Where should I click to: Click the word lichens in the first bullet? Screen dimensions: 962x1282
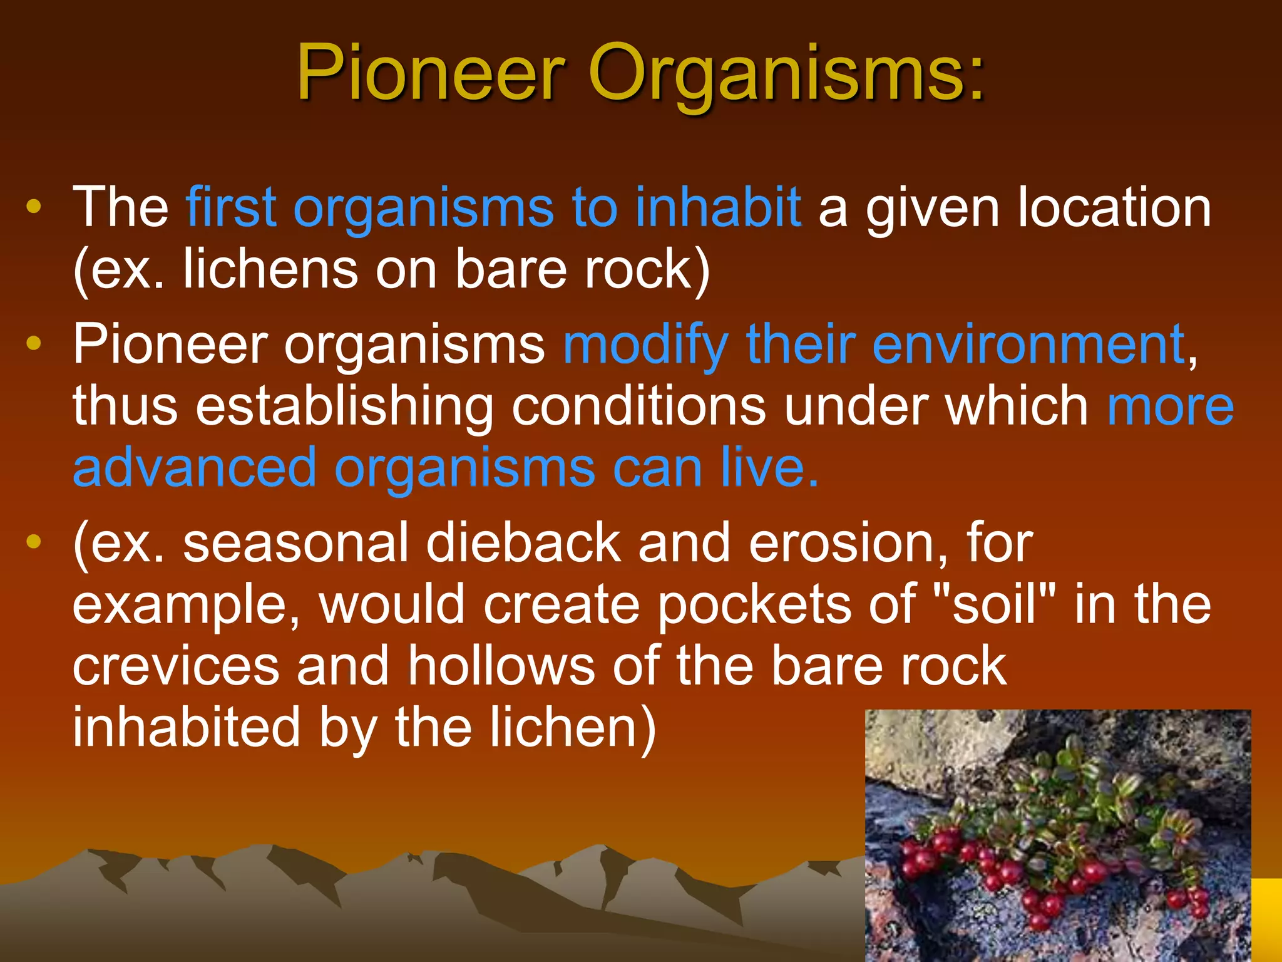[270, 269]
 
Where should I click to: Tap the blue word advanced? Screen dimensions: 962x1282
[195, 468]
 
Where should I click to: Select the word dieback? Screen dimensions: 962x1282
[523, 543]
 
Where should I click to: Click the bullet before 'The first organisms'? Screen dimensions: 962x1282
[34, 207]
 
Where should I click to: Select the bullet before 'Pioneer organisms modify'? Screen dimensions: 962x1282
[34, 344]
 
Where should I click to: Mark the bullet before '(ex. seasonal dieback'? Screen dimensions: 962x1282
[34, 542]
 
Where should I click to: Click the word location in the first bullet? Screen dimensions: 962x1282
[1114, 207]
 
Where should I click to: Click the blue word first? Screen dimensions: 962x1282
[231, 207]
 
